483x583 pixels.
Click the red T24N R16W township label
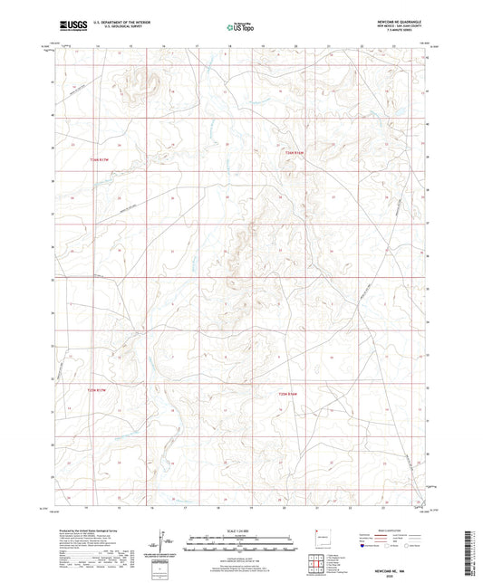click(286, 154)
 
